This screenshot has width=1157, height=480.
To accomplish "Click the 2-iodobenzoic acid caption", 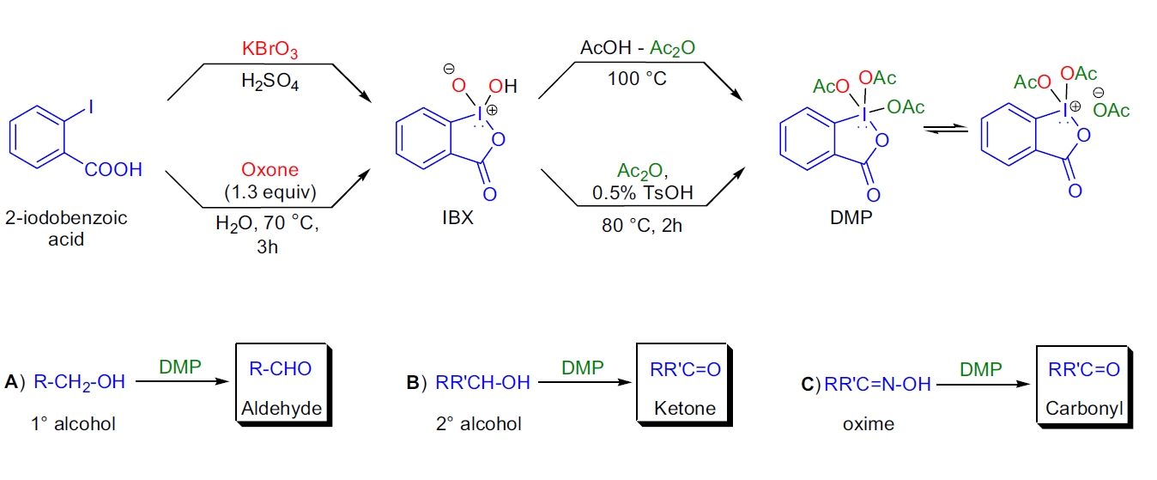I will pos(66,228).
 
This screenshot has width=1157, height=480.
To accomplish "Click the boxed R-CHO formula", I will pos(281,369).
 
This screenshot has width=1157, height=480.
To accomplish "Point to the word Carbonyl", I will pos(1085,409).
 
